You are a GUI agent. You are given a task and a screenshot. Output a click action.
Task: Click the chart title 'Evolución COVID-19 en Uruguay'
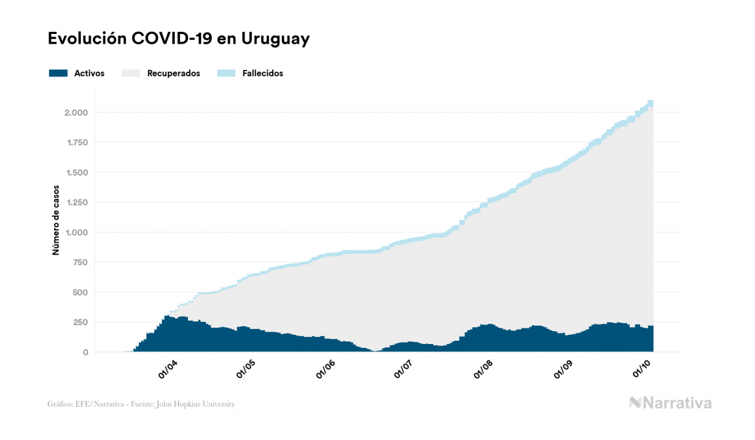coord(178,39)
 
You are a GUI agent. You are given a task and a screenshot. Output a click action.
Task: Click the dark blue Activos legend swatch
coord(58,73)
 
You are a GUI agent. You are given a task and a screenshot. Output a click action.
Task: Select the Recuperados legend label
coord(173,73)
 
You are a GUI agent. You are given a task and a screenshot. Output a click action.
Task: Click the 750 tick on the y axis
coord(80,262)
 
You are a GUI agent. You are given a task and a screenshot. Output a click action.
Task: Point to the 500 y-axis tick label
coord(80,292)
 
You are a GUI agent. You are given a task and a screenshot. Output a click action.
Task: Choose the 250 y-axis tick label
coord(80,322)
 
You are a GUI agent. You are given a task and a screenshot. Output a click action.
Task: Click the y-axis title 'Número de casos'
coord(56,220)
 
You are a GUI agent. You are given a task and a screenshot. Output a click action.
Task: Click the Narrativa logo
coord(670,403)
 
